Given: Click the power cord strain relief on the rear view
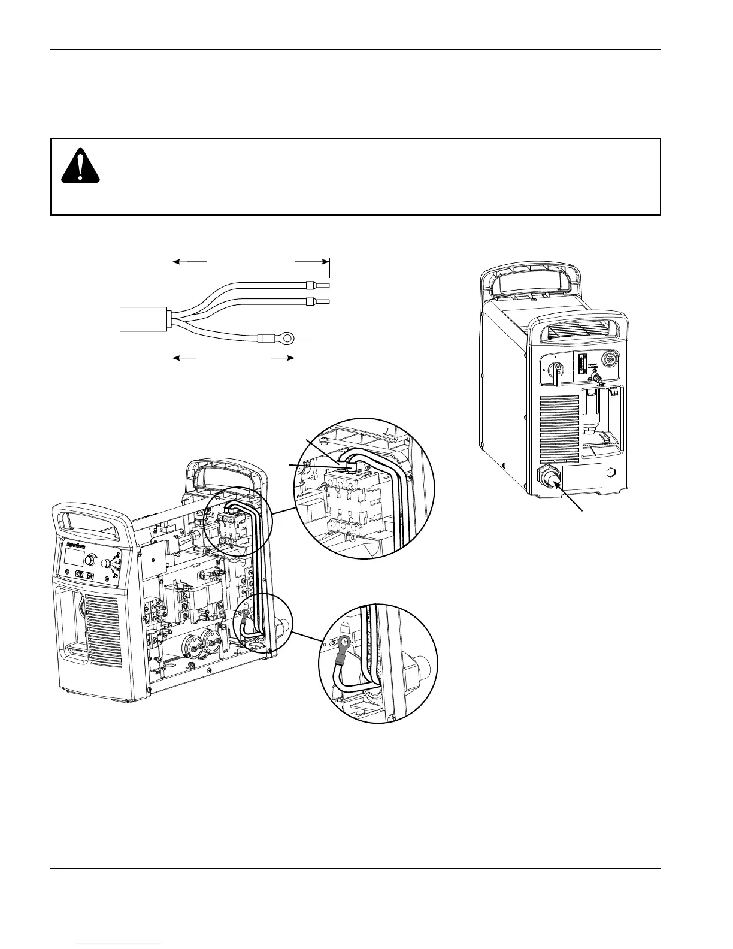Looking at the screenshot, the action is click(x=549, y=477).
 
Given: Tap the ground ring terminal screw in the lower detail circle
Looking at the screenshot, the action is click(x=344, y=643).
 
